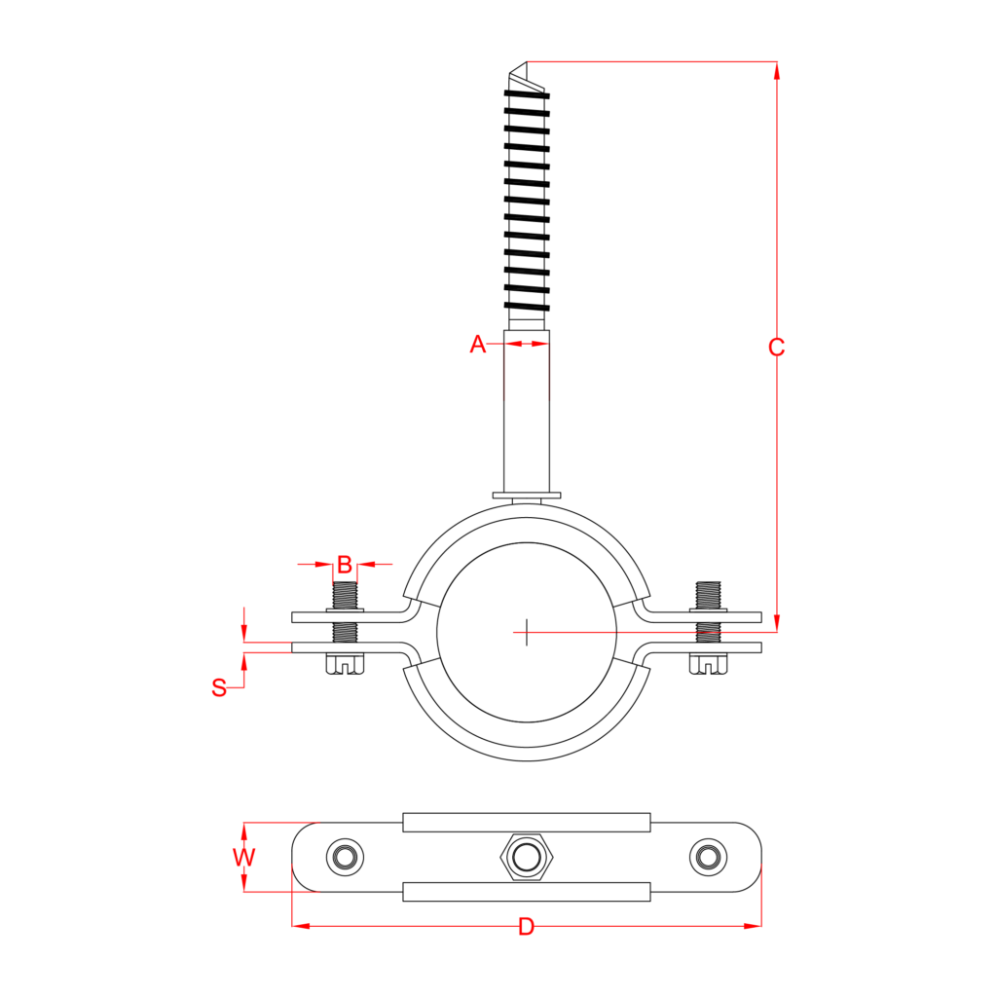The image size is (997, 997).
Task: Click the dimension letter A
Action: [477, 344]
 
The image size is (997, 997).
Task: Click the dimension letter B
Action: [345, 565]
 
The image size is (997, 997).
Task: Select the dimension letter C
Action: [776, 348]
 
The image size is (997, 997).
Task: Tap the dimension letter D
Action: [526, 927]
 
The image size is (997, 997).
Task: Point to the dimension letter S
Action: [219, 687]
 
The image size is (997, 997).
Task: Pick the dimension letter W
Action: [243, 858]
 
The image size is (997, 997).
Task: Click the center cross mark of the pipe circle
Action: [526, 632]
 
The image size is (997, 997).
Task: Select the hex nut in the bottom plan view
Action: [527, 857]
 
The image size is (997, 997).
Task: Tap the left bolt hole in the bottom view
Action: [345, 857]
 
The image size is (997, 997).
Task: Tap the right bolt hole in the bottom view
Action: [708, 857]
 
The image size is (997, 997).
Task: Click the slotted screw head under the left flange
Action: [345, 664]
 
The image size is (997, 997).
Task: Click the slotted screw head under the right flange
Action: [709, 664]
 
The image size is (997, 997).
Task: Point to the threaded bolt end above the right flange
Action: [709, 594]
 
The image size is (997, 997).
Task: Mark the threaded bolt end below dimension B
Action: [345, 595]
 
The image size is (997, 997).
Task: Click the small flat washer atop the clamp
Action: [527, 496]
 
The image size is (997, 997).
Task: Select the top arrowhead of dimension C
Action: [776, 70]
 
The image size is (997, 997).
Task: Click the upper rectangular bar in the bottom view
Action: [527, 823]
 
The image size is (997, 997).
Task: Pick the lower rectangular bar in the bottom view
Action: [527, 892]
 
